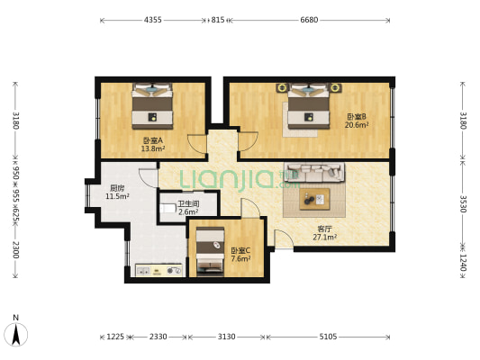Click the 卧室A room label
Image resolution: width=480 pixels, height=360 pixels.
click(153, 140)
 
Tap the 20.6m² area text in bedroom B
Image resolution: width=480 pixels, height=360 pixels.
click(357, 125)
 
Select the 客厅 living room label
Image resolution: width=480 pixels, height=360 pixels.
click(324, 229)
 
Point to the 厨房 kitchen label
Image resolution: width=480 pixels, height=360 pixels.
click(117, 188)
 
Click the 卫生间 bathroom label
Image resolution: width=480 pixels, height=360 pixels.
click(188, 203)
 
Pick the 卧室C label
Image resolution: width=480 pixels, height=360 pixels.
click(240, 251)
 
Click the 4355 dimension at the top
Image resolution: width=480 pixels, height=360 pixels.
click(153, 20)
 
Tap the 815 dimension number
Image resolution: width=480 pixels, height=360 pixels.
click(218, 20)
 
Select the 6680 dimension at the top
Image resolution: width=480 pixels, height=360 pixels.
click(309, 20)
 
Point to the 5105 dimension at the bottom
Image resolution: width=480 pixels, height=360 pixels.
click(328, 337)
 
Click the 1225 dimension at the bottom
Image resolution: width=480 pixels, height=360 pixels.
click(115, 337)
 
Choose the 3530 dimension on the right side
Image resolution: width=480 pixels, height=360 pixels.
click(463, 204)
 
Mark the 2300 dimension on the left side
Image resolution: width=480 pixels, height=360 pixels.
click(16, 250)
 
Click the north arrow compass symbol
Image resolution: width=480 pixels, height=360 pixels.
click(16, 334)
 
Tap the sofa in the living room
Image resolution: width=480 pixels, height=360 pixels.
click(314, 172)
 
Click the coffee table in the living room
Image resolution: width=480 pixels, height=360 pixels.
click(314, 200)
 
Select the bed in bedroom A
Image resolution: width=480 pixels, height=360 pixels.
click(152, 106)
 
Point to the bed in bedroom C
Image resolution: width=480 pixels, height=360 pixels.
click(210, 251)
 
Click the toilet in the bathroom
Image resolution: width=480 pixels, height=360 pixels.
click(168, 208)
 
